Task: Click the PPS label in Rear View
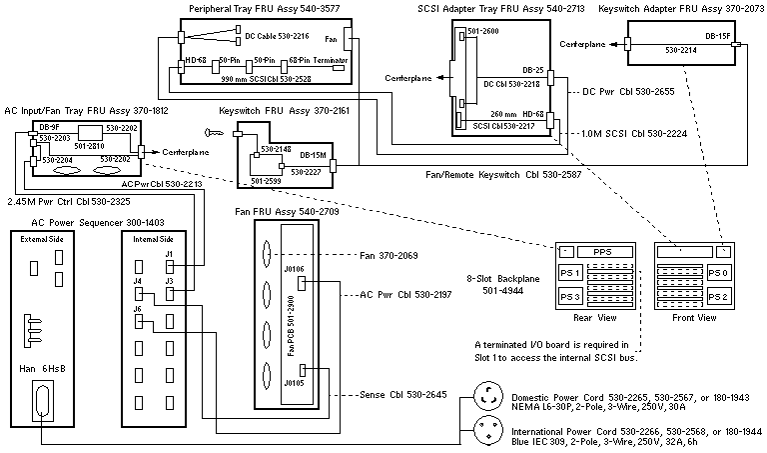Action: tap(600, 250)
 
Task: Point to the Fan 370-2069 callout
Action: tap(389, 256)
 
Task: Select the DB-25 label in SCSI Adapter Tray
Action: tap(532, 71)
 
